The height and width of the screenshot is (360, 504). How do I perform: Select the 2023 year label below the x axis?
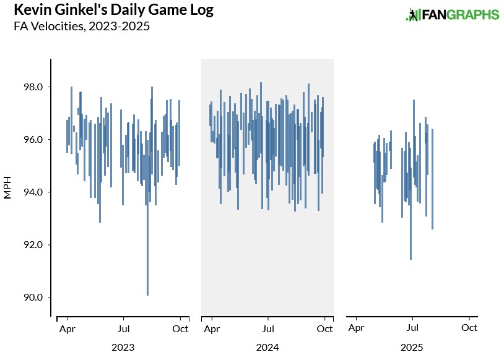point(123,348)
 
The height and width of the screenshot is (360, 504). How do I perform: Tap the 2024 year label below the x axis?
point(267,348)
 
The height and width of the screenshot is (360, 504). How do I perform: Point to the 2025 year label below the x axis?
point(412,348)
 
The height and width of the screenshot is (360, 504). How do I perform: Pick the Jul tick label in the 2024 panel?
point(268,329)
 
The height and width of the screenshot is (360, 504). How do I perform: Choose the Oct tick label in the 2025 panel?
point(469,329)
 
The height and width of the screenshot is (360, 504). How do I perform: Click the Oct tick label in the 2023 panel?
point(180,329)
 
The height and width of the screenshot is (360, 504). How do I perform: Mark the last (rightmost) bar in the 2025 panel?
point(432,179)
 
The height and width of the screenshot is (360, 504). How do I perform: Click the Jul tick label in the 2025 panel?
point(412,329)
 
